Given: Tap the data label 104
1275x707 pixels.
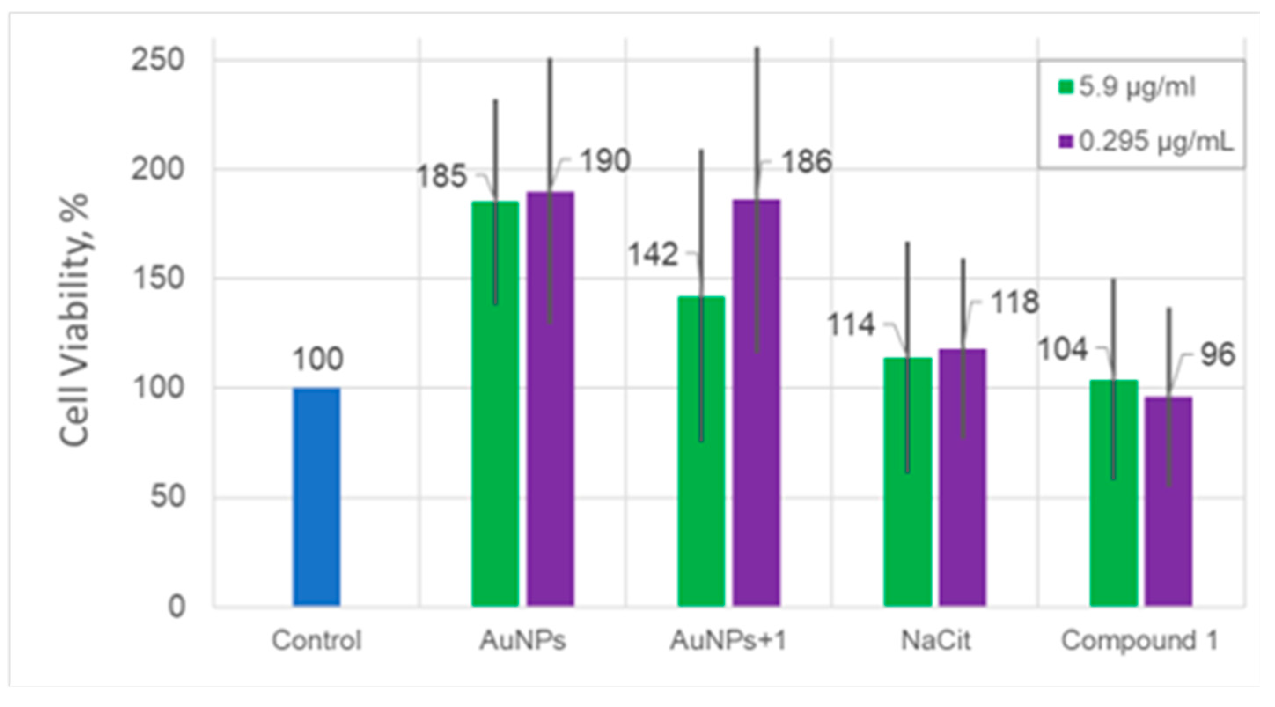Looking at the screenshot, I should coord(1062,349).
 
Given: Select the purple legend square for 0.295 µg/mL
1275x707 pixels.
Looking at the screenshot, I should coord(1066,142).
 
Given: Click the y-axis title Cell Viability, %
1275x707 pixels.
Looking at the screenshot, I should coord(74,319).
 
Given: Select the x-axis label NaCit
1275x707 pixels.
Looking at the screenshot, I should coord(936,641).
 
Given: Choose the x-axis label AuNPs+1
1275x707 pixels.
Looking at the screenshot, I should coord(728,641).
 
